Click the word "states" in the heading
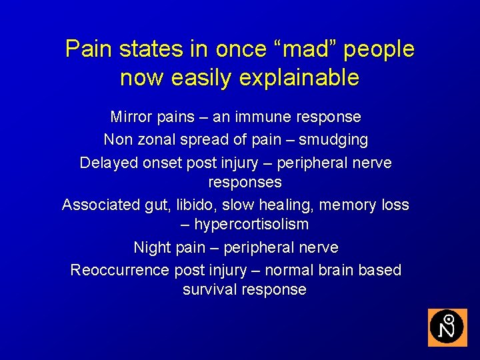(149, 49)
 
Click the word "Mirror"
(131, 117)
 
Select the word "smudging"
(333, 141)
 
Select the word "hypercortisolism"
(251, 225)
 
